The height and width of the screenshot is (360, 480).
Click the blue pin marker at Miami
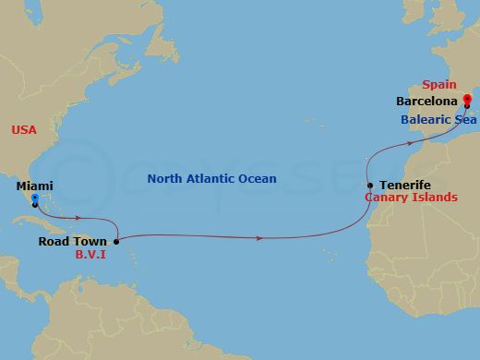tap(34, 198)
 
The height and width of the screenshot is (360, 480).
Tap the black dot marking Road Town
tap(116, 242)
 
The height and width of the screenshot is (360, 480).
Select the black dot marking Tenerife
tap(369, 186)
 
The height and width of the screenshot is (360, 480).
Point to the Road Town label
tap(73, 242)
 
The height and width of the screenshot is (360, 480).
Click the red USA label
tap(24, 130)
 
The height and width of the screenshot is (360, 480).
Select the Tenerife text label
tap(404, 185)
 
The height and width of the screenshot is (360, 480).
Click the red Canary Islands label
tap(412, 198)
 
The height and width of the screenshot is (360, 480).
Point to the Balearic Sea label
tap(438, 120)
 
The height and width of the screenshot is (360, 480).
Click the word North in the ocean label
tap(169, 179)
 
